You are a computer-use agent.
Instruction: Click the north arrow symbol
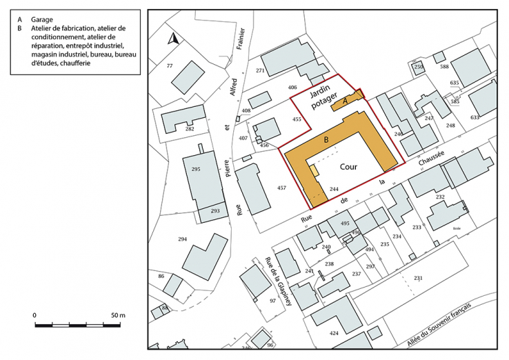pyautogui.click(x=174, y=39)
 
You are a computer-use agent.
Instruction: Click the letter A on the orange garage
pyautogui.click(x=346, y=102)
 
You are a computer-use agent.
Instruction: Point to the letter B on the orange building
pyautogui.click(x=325, y=141)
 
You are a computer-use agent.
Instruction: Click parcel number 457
pyautogui.click(x=281, y=188)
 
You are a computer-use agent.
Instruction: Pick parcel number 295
pyautogui.click(x=196, y=169)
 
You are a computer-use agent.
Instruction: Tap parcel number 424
pyautogui.click(x=334, y=334)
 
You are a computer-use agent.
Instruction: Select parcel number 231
pyautogui.click(x=418, y=278)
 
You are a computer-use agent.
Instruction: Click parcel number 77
pyautogui.click(x=170, y=66)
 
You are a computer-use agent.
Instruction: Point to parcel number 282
pyautogui.click(x=190, y=129)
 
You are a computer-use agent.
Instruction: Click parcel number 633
pyautogui.click(x=475, y=117)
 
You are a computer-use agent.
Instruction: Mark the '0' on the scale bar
pyautogui.click(x=34, y=315)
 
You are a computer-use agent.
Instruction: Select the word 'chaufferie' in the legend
pyautogui.click(x=77, y=63)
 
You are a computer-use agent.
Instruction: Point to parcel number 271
pyautogui.click(x=260, y=71)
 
